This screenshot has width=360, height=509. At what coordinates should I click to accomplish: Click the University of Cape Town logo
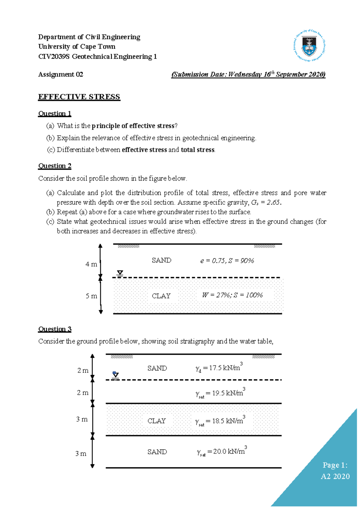(309, 46)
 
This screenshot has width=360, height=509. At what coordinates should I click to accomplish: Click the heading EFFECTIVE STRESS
(79, 97)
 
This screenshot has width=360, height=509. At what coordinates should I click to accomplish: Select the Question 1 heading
(55, 113)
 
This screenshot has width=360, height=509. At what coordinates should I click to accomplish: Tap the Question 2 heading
(55, 166)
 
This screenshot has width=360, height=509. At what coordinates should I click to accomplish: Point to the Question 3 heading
(55, 329)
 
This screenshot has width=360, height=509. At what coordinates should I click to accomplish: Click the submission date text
(248, 74)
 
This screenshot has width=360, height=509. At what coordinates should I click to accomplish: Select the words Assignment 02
(61, 74)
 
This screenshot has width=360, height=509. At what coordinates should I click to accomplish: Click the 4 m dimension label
(91, 264)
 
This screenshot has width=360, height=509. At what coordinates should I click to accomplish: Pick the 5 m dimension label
(91, 296)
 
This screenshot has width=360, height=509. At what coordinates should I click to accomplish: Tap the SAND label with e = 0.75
(161, 260)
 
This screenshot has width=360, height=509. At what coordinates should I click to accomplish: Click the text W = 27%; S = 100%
(232, 295)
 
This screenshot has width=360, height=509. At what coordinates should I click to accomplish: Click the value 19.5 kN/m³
(227, 393)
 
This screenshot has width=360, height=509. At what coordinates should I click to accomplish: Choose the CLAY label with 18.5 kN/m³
(157, 421)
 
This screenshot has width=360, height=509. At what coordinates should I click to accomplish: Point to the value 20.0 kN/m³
(229, 451)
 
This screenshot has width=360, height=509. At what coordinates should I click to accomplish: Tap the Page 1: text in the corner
(335, 465)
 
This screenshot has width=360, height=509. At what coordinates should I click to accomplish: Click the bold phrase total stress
(198, 150)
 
